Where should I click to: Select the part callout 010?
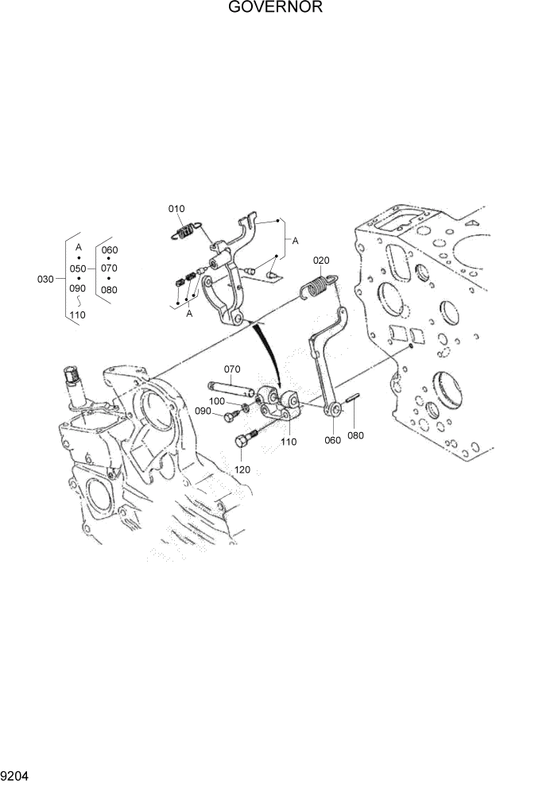point(176,208)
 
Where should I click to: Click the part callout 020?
point(320,260)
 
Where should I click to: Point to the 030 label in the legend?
point(46,280)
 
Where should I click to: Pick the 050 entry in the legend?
point(78,268)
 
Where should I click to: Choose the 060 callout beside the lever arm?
point(332,439)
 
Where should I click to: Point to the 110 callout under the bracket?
point(288,441)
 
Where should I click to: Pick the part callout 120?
point(242,469)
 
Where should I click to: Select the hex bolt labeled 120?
point(246,439)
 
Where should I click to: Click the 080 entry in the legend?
point(109,290)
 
